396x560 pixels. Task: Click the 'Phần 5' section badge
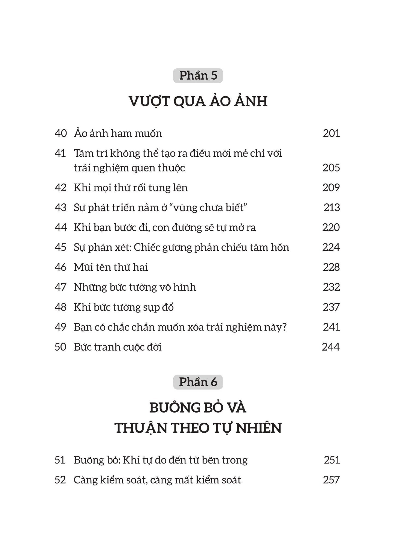pyautogui.click(x=198, y=76)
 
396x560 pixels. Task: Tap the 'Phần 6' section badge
pyautogui.click(x=198, y=382)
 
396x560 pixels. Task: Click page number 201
pyautogui.click(x=331, y=133)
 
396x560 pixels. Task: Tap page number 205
pyautogui.click(x=331, y=168)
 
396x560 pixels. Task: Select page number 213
pyautogui.click(x=332, y=208)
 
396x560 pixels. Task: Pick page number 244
pyautogui.click(x=331, y=347)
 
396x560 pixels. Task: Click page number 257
pyautogui.click(x=331, y=480)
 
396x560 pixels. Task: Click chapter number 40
pyautogui.click(x=61, y=133)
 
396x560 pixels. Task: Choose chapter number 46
pyautogui.click(x=61, y=267)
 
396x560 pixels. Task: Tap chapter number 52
pyautogui.click(x=60, y=480)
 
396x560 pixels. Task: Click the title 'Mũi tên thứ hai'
pyautogui.click(x=111, y=267)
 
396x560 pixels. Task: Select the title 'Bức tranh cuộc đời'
pyautogui.click(x=118, y=347)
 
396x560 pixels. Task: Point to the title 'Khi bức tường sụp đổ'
pyautogui.click(x=124, y=307)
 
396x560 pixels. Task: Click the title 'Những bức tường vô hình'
pyautogui.click(x=135, y=287)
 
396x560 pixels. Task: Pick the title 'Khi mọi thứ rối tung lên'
pyautogui.click(x=131, y=188)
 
